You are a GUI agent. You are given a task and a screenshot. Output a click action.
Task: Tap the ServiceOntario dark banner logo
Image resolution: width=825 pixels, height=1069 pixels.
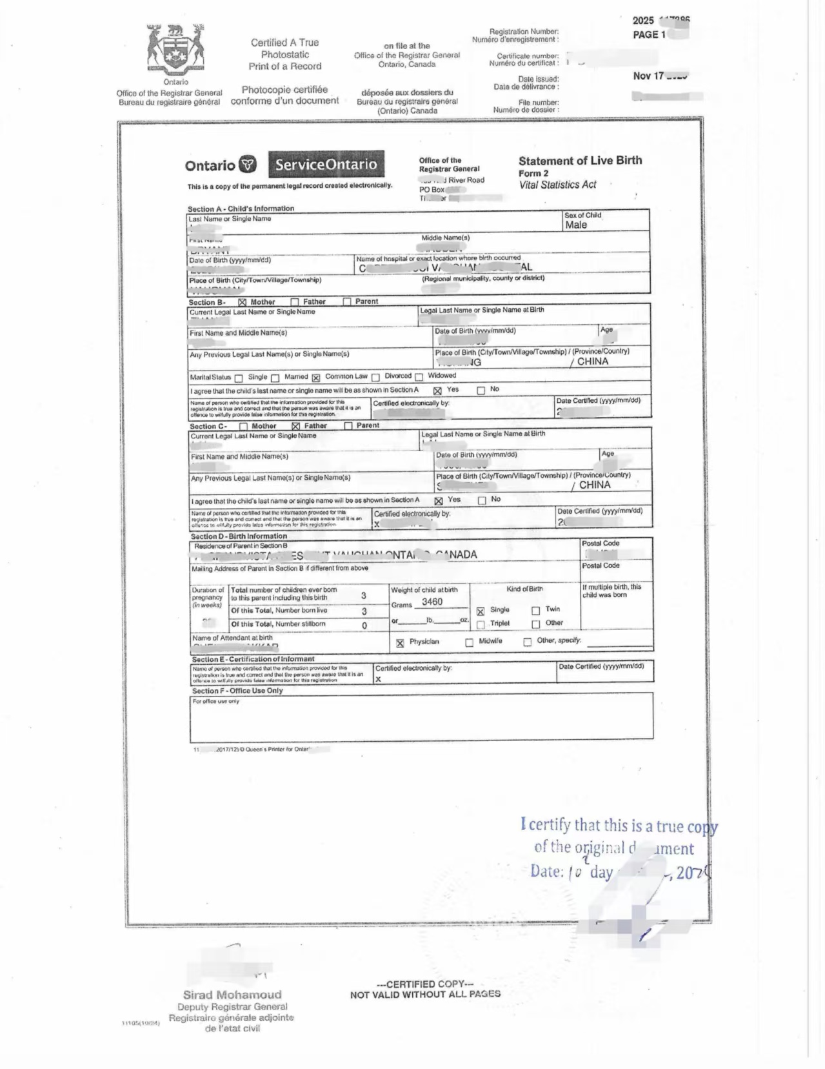326,164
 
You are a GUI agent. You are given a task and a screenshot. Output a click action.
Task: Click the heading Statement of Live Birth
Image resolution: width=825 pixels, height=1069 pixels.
580,161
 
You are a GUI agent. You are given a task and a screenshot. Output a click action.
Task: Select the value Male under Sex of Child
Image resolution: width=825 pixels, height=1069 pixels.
576,225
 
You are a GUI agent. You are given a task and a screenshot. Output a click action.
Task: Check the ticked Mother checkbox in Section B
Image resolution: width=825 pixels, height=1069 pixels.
243,302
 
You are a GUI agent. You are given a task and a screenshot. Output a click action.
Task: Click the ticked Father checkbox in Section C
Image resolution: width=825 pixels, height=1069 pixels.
296,426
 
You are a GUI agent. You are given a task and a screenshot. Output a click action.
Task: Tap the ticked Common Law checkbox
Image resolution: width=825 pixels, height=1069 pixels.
316,378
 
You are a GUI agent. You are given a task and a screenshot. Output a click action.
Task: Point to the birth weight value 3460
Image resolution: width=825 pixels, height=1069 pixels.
432,602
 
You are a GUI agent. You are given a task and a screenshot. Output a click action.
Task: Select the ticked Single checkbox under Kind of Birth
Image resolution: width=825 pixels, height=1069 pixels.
481,611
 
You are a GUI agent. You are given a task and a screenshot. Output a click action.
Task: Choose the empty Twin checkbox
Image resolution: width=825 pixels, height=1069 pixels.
535,611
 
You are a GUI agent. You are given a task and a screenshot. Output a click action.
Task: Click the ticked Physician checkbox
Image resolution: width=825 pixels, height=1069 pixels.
400,643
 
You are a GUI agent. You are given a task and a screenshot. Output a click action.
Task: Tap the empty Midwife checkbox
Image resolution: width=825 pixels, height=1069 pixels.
469,642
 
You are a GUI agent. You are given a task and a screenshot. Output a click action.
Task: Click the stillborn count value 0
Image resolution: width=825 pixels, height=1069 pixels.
364,626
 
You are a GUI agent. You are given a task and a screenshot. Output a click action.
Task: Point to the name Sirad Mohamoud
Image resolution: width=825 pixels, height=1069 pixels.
232,995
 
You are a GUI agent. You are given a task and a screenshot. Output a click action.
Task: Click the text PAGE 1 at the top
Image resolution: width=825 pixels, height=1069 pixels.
649,35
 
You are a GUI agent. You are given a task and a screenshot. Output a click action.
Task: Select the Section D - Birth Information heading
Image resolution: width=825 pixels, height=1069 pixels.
239,536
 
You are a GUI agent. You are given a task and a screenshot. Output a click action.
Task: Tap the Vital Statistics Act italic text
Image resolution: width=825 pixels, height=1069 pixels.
557,185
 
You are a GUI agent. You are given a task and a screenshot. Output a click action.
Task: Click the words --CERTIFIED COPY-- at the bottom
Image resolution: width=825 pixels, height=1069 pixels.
425,984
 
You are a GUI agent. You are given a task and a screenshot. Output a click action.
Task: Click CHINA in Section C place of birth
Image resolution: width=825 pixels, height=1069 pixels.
594,485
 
